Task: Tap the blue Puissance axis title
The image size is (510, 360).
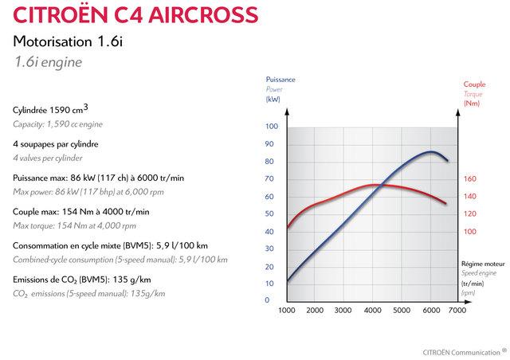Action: (x=280, y=80)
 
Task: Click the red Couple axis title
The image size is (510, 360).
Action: (x=473, y=84)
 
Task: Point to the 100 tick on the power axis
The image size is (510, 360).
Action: (x=272, y=127)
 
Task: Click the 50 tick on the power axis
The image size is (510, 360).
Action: (x=270, y=213)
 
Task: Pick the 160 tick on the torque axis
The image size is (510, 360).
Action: (x=469, y=179)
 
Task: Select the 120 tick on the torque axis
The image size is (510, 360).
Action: (x=469, y=213)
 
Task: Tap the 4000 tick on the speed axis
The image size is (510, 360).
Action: (x=372, y=310)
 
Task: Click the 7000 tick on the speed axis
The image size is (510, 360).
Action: (x=457, y=310)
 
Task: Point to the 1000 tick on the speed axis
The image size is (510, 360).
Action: (x=287, y=310)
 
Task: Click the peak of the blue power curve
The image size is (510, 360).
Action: (x=432, y=151)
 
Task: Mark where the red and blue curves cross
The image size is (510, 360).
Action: (x=380, y=186)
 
